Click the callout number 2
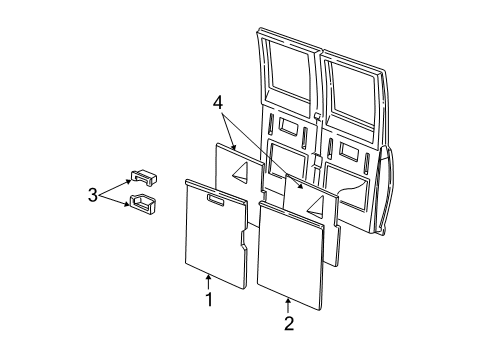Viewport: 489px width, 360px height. tap(288, 323)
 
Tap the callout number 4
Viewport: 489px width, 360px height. tap(219, 103)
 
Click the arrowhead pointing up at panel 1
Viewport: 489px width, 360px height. tap(208, 275)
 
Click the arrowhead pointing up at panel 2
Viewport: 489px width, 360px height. tap(288, 300)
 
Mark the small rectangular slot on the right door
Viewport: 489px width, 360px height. tap(349, 151)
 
